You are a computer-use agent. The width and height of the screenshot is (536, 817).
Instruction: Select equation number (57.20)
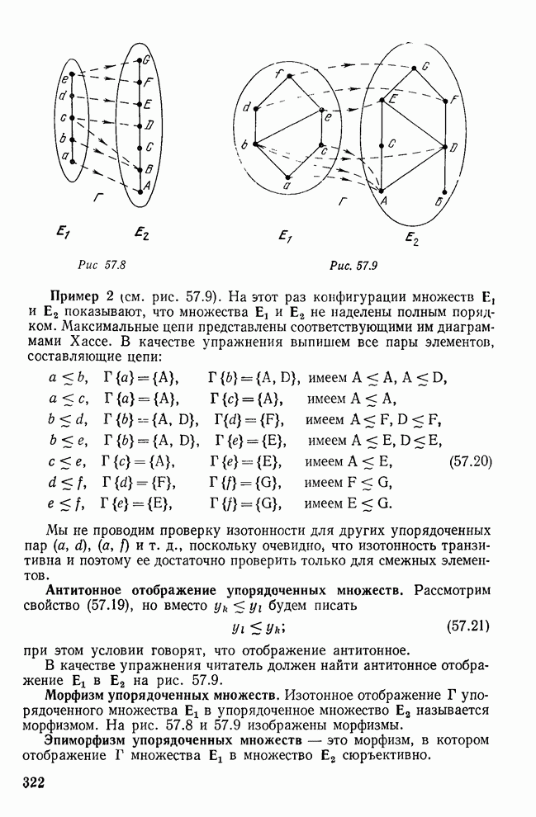pos(474,460)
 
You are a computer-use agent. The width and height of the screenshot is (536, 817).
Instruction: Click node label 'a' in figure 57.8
pos(63,154)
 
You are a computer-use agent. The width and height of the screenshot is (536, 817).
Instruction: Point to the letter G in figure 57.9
pos(425,66)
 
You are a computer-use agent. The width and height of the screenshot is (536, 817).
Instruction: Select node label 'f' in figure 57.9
pos(278,74)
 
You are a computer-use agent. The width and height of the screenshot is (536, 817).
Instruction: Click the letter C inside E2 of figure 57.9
pos(391,142)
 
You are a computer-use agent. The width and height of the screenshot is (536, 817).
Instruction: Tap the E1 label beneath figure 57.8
pos(64,234)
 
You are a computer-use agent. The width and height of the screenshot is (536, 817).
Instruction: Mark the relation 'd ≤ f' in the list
pos(64,481)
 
